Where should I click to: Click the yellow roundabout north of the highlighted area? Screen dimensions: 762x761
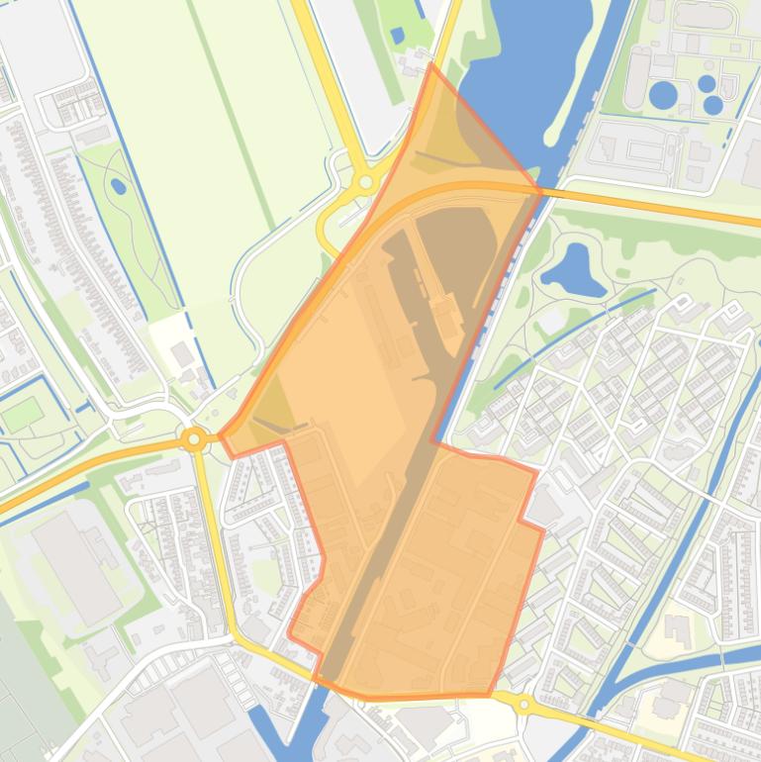pyautogui.click(x=366, y=182)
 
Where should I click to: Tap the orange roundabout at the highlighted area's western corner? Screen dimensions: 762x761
pyautogui.click(x=195, y=439)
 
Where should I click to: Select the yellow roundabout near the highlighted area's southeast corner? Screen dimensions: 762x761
pyautogui.click(x=523, y=705)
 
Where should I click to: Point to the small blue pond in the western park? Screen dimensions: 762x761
pyautogui.click(x=119, y=185)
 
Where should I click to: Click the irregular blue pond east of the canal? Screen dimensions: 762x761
pyautogui.click(x=573, y=269)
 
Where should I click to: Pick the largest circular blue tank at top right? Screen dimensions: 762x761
pyautogui.click(x=663, y=95)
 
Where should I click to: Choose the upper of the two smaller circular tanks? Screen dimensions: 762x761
pyautogui.click(x=707, y=83)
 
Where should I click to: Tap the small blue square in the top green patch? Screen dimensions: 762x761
pyautogui.click(x=397, y=36)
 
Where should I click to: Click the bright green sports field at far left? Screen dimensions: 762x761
pyautogui.click(x=22, y=414)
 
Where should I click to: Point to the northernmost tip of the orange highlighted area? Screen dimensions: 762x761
pyautogui.click(x=431, y=65)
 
